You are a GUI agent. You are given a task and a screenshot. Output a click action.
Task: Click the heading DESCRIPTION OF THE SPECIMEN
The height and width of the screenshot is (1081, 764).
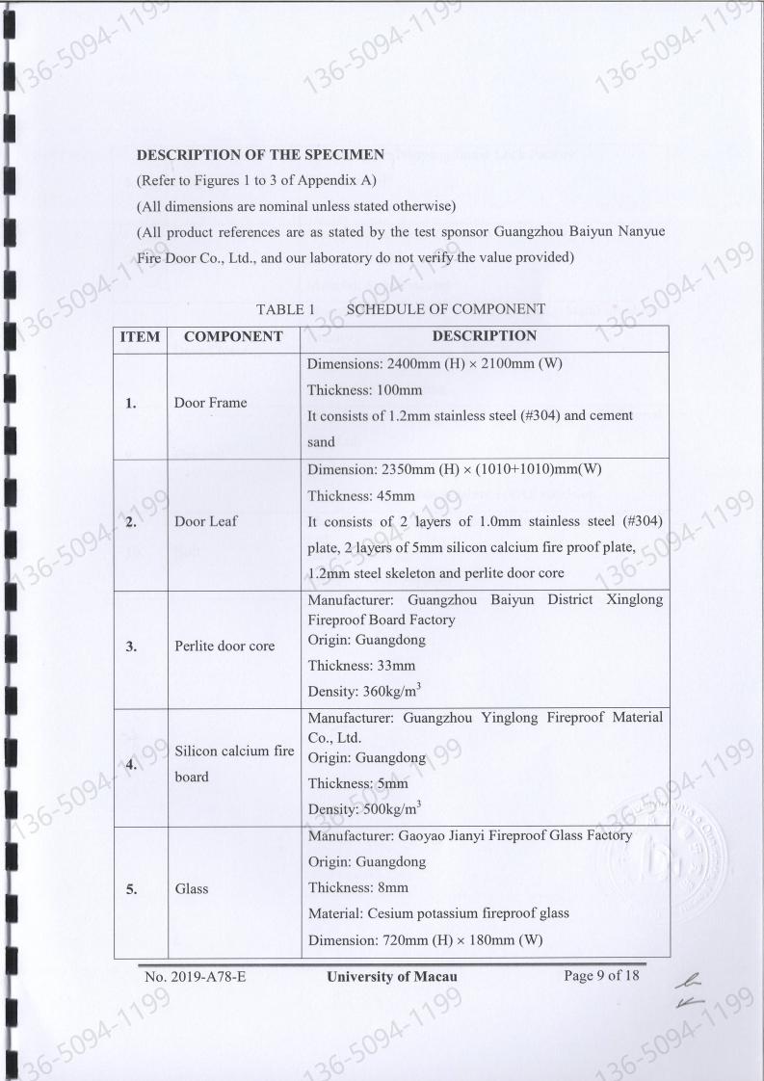pos(261,154)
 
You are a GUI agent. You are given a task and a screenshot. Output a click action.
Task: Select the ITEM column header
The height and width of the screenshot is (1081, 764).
pos(141,337)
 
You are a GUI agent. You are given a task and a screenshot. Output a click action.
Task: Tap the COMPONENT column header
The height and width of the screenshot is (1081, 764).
pos(232,337)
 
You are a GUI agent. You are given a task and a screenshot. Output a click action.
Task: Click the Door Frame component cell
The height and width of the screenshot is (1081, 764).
pos(210,403)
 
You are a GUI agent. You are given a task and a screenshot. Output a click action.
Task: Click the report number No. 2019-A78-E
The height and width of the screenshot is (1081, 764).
pos(196,977)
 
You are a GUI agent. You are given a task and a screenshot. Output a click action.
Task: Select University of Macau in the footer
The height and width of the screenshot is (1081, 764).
pos(390,977)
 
